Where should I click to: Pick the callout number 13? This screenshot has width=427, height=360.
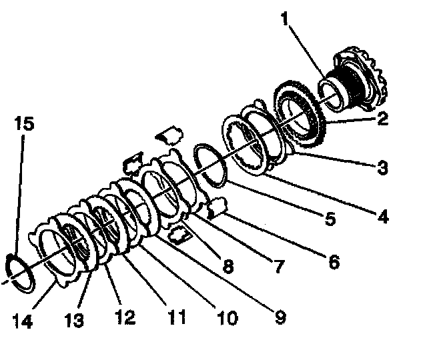click(75, 321)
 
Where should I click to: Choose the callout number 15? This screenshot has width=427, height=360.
click(25, 125)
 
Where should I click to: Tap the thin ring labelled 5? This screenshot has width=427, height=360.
click(211, 164)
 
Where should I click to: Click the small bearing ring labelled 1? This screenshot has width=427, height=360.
click(329, 90)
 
